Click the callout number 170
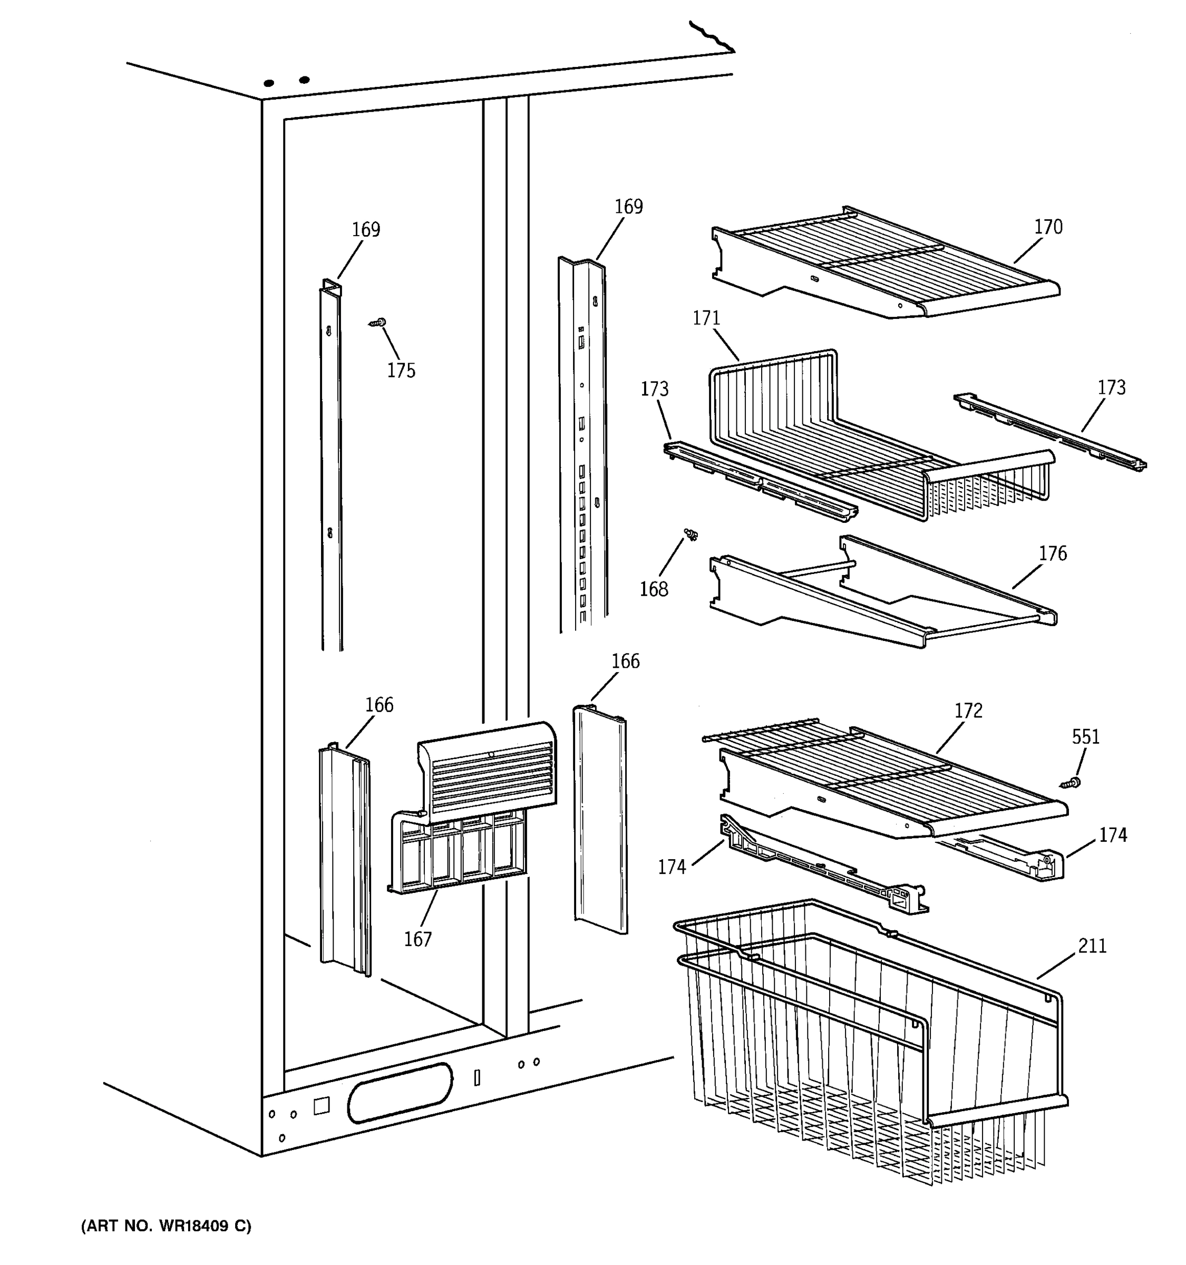click(1048, 227)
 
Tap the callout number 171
click(706, 318)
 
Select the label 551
click(1085, 737)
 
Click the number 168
click(654, 589)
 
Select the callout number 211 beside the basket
click(1092, 946)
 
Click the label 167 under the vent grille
click(418, 939)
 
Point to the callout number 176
click(1053, 553)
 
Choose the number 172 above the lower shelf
click(968, 711)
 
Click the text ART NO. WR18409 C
click(166, 1226)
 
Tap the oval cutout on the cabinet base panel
click(400, 1093)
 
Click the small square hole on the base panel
click(322, 1106)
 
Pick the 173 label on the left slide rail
click(654, 389)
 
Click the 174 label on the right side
click(1113, 835)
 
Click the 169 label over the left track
click(366, 230)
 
